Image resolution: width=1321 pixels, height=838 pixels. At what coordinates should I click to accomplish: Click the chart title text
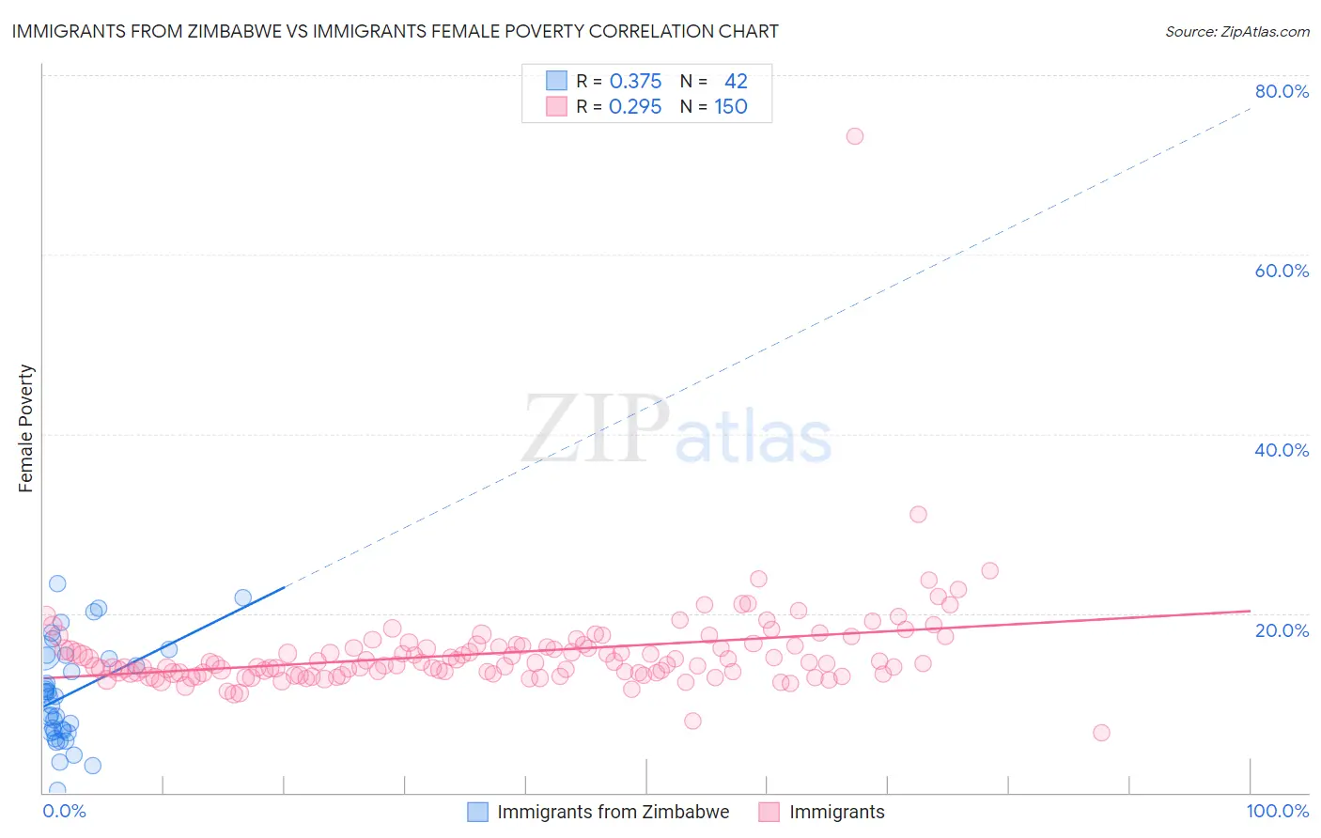pos(395,31)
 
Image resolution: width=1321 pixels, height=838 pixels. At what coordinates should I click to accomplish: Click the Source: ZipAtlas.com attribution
pos(1236,31)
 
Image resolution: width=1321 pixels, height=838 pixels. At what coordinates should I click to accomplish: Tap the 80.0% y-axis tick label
pos(1282,91)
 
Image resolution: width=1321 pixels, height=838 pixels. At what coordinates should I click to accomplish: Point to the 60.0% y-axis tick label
pos(1282,271)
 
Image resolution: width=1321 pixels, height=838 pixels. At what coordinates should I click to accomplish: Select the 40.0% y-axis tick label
pos(1282,450)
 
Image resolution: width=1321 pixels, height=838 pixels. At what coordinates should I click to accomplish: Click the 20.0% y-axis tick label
pos(1282,629)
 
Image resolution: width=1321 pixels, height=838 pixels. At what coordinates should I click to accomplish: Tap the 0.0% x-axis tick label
pos(64,811)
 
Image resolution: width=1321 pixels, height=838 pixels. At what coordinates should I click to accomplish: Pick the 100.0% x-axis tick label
pos(1277,811)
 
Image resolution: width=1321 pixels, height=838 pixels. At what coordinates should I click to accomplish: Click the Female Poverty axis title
pos(25,428)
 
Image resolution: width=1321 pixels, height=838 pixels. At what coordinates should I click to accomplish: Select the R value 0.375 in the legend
pos(635,81)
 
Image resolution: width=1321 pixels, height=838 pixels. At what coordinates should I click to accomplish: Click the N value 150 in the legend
pos(731,107)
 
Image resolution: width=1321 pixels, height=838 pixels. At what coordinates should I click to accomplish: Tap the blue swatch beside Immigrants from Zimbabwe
pos(477,812)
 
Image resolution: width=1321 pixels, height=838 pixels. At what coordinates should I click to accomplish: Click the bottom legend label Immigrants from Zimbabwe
pos(613,812)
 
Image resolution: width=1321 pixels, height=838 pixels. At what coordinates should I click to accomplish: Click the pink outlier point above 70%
pos(854,136)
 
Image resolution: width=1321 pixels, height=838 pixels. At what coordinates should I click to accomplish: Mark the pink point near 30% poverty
pos(918,514)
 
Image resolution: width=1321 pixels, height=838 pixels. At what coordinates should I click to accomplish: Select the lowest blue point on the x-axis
pos(57,790)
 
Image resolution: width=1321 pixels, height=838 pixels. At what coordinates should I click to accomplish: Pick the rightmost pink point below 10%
pos(1101,733)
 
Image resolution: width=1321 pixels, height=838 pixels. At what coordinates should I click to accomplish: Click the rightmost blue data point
pos(242,597)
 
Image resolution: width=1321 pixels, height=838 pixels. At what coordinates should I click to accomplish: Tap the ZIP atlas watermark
pos(676,430)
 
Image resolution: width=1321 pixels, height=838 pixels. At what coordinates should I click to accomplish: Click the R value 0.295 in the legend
pos(635,107)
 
